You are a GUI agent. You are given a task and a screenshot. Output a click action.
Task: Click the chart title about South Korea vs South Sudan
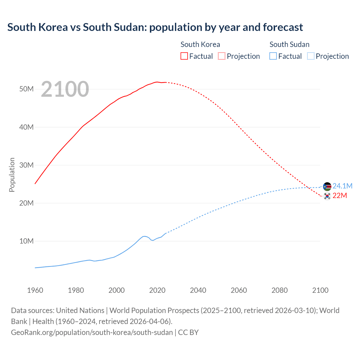pyautogui.click(x=155, y=27)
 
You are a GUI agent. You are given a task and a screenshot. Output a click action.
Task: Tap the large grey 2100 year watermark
pyautogui.click(x=65, y=89)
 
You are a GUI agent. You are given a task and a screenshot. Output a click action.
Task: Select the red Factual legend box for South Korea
pyautogui.click(x=184, y=56)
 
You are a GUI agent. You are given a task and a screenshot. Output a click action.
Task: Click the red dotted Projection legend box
pyautogui.click(x=222, y=56)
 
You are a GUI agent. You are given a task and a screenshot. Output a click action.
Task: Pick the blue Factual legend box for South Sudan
pyautogui.click(x=273, y=56)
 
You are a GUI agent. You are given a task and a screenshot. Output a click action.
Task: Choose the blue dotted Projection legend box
pyautogui.click(x=311, y=56)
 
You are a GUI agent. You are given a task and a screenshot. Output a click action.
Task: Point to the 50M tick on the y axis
pyautogui.click(x=26, y=89)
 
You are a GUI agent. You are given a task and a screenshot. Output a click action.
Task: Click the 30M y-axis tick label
pyautogui.click(x=26, y=165)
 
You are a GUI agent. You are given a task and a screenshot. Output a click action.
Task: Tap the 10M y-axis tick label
pyautogui.click(x=26, y=241)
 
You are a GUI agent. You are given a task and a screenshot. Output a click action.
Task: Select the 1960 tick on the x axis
pyautogui.click(x=35, y=290)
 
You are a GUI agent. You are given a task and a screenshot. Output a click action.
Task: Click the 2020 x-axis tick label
pyautogui.click(x=157, y=290)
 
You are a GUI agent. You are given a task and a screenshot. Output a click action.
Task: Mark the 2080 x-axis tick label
pyautogui.click(x=280, y=290)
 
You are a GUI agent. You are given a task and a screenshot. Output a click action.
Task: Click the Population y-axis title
pyautogui.click(x=12, y=175)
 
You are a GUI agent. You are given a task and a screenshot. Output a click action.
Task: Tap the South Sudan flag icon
pyautogui.click(x=327, y=186)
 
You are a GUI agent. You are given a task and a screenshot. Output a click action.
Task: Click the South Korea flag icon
pyautogui.click(x=327, y=196)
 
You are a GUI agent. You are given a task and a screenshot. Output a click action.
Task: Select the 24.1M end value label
pyautogui.click(x=342, y=186)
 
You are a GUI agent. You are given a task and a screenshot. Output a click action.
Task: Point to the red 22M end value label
pyautogui.click(x=340, y=195)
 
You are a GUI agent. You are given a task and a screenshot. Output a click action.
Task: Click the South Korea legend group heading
pyautogui.click(x=200, y=44)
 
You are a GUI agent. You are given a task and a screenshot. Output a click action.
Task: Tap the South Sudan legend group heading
pyautogui.click(x=289, y=44)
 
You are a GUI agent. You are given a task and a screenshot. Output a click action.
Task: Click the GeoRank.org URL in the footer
pyautogui.click(x=92, y=332)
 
